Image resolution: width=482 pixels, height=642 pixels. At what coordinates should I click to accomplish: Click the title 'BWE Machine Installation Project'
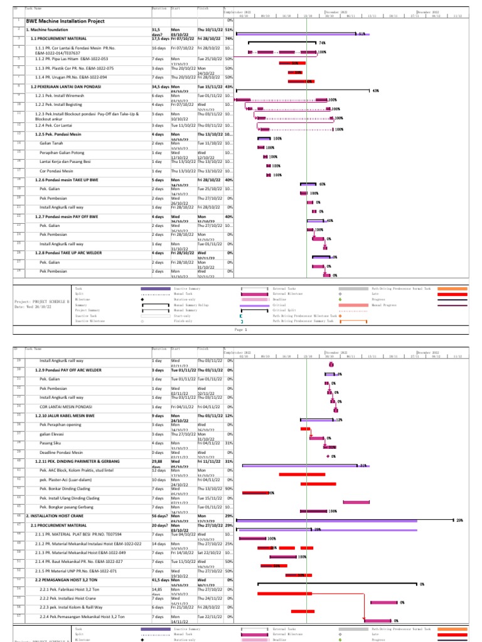click(65, 21)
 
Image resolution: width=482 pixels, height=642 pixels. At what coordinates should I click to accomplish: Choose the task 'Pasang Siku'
click(49, 443)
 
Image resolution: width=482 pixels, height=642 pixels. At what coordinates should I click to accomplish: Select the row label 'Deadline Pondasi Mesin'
click(62, 452)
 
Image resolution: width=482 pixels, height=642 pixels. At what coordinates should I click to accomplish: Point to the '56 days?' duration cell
click(160, 515)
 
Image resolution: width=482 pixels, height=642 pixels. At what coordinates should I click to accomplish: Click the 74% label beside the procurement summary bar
click(323, 43)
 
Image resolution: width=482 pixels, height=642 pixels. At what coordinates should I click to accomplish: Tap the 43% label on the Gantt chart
click(375, 90)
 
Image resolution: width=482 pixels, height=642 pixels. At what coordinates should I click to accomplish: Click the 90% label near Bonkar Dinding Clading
click(271, 493)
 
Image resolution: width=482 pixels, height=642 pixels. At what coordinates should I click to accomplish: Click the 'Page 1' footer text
click(242, 329)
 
